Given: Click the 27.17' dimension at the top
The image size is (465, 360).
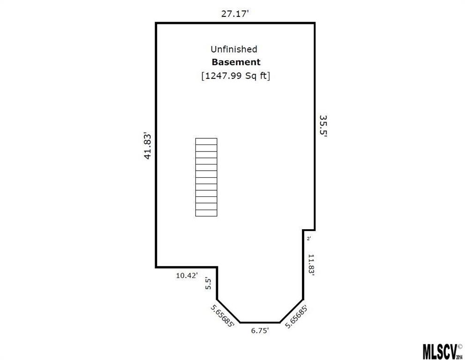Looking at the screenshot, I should [235, 14].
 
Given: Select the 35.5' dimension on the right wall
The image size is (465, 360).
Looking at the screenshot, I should [323, 127].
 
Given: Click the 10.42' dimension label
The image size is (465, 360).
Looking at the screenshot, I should [187, 276].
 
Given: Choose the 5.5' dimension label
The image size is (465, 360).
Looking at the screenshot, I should [209, 284].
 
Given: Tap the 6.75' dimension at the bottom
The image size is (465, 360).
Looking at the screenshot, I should [260, 330].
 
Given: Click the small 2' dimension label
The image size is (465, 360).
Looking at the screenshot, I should [308, 239].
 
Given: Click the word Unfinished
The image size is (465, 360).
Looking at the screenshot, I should [233, 49].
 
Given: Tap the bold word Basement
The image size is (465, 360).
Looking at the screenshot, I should [236, 62].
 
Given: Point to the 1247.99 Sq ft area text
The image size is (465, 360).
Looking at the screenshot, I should [235, 75].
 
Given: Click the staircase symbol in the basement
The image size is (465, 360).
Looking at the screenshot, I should [206, 177].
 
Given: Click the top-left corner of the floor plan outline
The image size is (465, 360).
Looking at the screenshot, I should [156, 23].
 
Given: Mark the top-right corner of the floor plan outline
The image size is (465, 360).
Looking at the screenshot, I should [315, 23].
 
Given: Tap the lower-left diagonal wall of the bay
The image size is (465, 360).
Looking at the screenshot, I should [228, 311].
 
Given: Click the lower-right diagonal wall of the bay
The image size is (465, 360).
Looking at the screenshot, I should [291, 311].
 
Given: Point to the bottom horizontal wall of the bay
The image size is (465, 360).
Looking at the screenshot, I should [260, 322].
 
